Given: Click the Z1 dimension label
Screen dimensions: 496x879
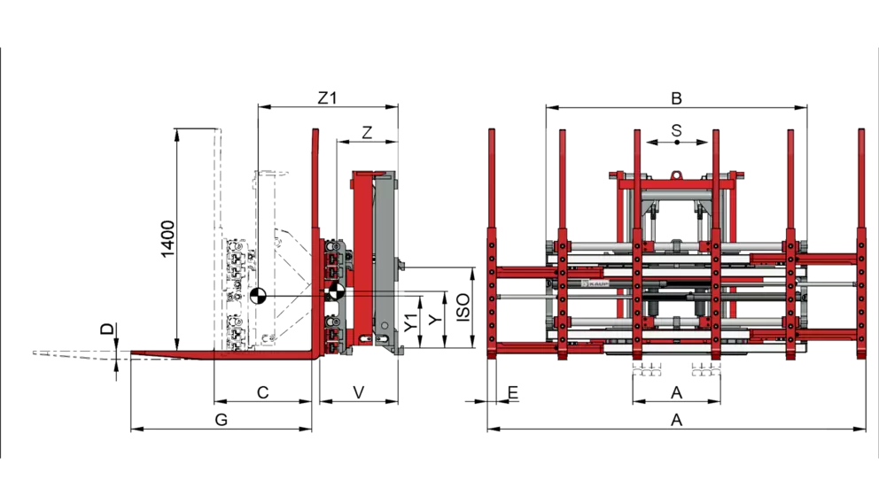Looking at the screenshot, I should pyautogui.click(x=328, y=97).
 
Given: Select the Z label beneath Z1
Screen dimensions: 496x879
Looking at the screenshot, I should pyautogui.click(x=367, y=132).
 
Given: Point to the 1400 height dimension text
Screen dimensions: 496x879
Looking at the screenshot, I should pyautogui.click(x=168, y=239).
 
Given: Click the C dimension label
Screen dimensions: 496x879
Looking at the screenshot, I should pyautogui.click(x=262, y=392).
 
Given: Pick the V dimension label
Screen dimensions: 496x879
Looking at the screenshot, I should pyautogui.click(x=359, y=392).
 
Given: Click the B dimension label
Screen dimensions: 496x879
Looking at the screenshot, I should pyautogui.click(x=676, y=97).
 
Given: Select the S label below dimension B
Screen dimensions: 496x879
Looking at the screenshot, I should pyautogui.click(x=676, y=130).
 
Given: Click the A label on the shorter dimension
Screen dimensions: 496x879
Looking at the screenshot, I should pyautogui.click(x=676, y=391).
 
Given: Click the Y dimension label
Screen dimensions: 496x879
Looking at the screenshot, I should pyautogui.click(x=433, y=321).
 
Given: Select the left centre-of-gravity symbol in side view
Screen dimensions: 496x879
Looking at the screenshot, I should pyautogui.click(x=258, y=296).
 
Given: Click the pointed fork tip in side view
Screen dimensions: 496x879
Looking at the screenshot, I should pyautogui.click(x=133, y=354).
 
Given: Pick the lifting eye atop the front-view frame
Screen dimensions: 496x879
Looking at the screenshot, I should pyautogui.click(x=676, y=174).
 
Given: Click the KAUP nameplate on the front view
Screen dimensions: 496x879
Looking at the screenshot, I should pyautogui.click(x=595, y=282).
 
